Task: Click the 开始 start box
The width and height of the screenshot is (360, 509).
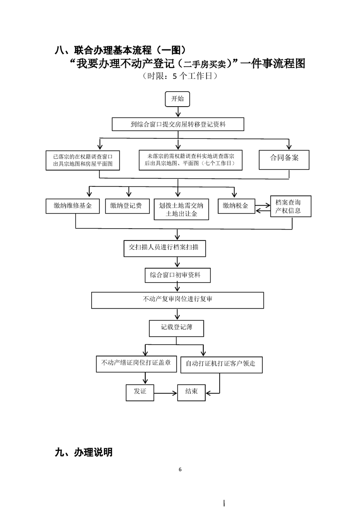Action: pyautogui.click(x=178, y=99)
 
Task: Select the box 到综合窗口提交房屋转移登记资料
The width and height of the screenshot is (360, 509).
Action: pyautogui.click(x=178, y=124)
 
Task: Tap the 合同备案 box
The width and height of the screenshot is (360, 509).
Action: pyautogui.click(x=284, y=160)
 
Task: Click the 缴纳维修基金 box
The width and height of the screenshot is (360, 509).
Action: pyautogui.click(x=73, y=206)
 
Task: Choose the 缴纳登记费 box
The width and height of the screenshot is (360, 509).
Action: pyautogui.click(x=128, y=206)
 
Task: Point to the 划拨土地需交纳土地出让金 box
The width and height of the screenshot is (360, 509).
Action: pyautogui.click(x=181, y=210)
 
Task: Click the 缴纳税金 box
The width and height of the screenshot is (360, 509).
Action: pyautogui.click(x=236, y=206)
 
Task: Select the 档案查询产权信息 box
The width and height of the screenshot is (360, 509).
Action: pyautogui.click(x=291, y=206)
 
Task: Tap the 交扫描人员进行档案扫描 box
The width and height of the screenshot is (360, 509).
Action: pyautogui.click(x=165, y=248)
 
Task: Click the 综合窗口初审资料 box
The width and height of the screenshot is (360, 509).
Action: pyautogui.click(x=178, y=275)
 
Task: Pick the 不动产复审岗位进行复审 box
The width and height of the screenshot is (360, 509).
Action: pyautogui.click(x=178, y=300)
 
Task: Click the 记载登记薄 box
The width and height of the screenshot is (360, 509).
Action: pyautogui.click(x=177, y=328)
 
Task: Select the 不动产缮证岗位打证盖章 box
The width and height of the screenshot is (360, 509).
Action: pyautogui.click(x=137, y=364)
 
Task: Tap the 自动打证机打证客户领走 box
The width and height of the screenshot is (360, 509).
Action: pyautogui.click(x=222, y=365)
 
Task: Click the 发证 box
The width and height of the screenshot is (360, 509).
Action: pyautogui.click(x=140, y=392)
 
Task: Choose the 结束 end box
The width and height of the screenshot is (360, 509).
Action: pyautogui.click(x=192, y=392)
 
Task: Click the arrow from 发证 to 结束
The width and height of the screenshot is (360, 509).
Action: pyautogui.click(x=166, y=393)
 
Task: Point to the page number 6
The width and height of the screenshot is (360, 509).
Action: pyautogui.click(x=180, y=470)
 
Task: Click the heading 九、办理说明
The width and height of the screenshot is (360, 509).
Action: pyautogui.click(x=84, y=452)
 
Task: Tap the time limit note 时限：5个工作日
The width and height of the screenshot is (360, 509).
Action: pyautogui.click(x=180, y=76)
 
